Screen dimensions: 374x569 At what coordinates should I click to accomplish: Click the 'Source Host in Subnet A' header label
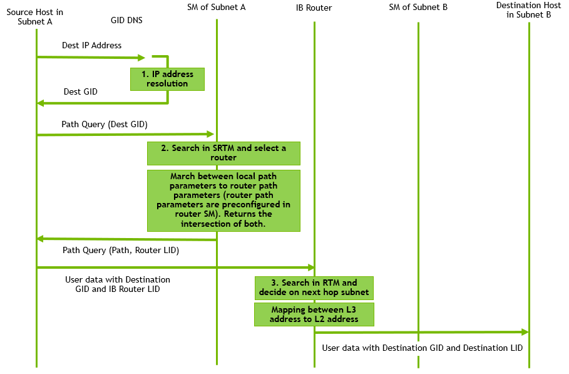(34, 17)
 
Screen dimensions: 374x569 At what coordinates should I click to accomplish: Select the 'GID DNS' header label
(126, 20)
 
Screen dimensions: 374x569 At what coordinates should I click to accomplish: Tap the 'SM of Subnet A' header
(216, 8)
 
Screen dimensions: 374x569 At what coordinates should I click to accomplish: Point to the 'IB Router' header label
(314, 8)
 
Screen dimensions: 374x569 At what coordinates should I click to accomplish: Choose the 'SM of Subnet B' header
(418, 8)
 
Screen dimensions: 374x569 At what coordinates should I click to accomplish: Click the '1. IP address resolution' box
(167, 79)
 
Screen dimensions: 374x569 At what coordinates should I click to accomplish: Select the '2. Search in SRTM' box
(223, 153)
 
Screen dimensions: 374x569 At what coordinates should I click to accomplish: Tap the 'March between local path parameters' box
(223, 200)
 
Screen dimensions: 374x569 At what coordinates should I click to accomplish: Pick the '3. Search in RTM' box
(314, 288)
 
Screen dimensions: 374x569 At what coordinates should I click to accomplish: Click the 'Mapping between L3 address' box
(314, 314)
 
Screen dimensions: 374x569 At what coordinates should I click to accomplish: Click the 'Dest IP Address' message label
(91, 46)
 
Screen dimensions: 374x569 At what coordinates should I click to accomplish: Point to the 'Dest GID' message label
(80, 92)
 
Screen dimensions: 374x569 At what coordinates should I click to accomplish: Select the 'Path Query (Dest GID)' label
(104, 125)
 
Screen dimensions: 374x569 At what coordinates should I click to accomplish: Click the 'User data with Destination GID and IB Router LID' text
(117, 284)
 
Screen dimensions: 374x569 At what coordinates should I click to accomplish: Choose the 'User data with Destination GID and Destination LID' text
(422, 348)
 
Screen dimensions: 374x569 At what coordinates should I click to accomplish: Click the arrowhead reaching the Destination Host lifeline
(525, 332)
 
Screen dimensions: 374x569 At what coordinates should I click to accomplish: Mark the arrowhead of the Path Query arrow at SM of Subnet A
(211, 134)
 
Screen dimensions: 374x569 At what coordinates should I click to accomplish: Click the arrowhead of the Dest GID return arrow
(41, 103)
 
